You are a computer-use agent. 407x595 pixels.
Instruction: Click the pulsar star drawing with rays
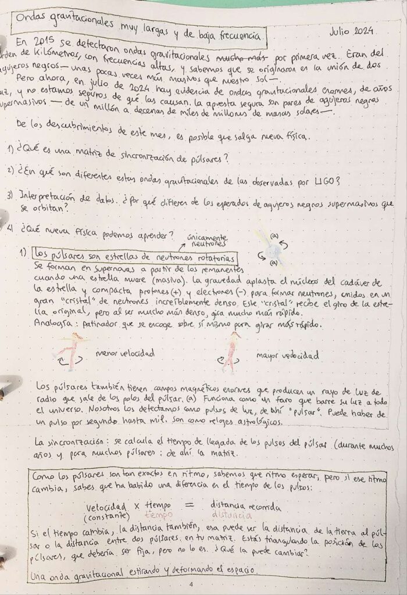pyautogui.click(x=272, y=251)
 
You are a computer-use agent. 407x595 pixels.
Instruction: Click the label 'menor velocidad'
pyautogui.click(x=124, y=353)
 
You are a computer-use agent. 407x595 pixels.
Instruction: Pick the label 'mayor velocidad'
pyautogui.click(x=288, y=355)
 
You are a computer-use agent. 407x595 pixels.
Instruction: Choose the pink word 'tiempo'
pyautogui.click(x=158, y=515)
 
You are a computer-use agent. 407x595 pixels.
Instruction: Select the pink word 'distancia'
pyautogui.click(x=232, y=515)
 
